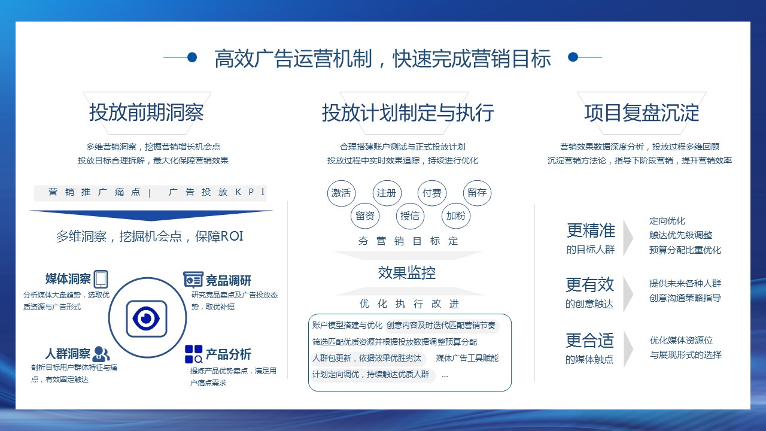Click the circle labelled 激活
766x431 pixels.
pyautogui.click(x=341, y=193)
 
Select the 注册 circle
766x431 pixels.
pyautogui.click(x=387, y=193)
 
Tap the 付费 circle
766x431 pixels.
pyautogui.click(x=432, y=193)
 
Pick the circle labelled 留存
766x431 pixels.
pyautogui.click(x=477, y=193)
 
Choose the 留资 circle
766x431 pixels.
pyautogui.click(x=365, y=216)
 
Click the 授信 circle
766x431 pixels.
pyautogui.click(x=410, y=216)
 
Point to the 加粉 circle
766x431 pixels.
pyautogui.click(x=456, y=216)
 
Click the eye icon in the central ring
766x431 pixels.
pyautogui.click(x=147, y=318)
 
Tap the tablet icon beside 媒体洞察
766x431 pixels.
pyautogui.click(x=101, y=279)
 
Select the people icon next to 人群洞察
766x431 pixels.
pyautogui.click(x=101, y=354)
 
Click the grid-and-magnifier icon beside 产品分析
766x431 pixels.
pyautogui.click(x=193, y=354)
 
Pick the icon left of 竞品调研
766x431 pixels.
pyautogui.click(x=193, y=280)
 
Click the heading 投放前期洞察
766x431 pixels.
pyautogui.click(x=147, y=113)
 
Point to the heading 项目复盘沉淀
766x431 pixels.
pyautogui.click(x=642, y=113)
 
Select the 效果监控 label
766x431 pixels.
pyautogui.click(x=406, y=272)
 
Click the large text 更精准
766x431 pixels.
pyautogui.click(x=591, y=230)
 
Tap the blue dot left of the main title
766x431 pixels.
pyautogui.click(x=192, y=57)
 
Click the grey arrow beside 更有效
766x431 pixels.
pyautogui.click(x=628, y=294)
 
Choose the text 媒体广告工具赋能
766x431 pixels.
pyautogui.click(x=467, y=358)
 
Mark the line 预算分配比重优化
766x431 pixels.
pyautogui.click(x=685, y=250)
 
